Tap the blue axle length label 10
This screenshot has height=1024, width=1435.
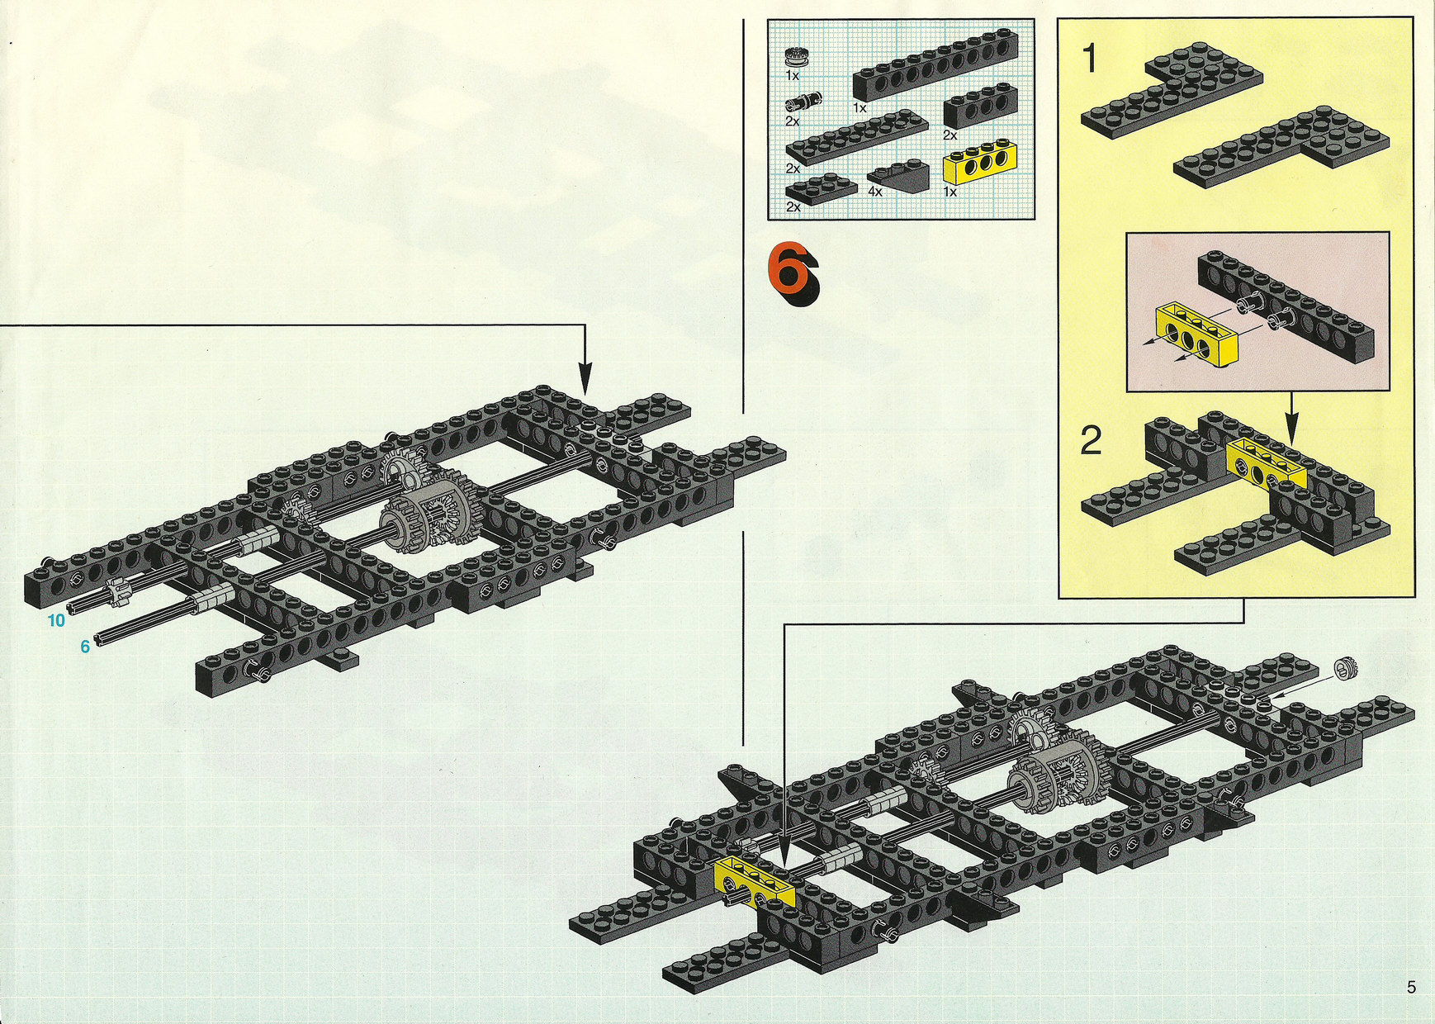[56, 620]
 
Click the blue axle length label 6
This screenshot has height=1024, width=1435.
[84, 647]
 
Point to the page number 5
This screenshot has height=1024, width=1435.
[1411, 987]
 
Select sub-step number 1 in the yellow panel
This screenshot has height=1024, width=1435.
[1090, 59]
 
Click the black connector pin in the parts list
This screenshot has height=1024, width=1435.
[802, 102]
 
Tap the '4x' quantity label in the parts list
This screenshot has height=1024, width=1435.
[875, 191]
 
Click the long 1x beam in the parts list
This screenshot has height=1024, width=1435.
[935, 66]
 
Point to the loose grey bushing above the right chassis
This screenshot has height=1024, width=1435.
[1346, 667]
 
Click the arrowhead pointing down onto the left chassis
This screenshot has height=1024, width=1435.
[585, 381]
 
